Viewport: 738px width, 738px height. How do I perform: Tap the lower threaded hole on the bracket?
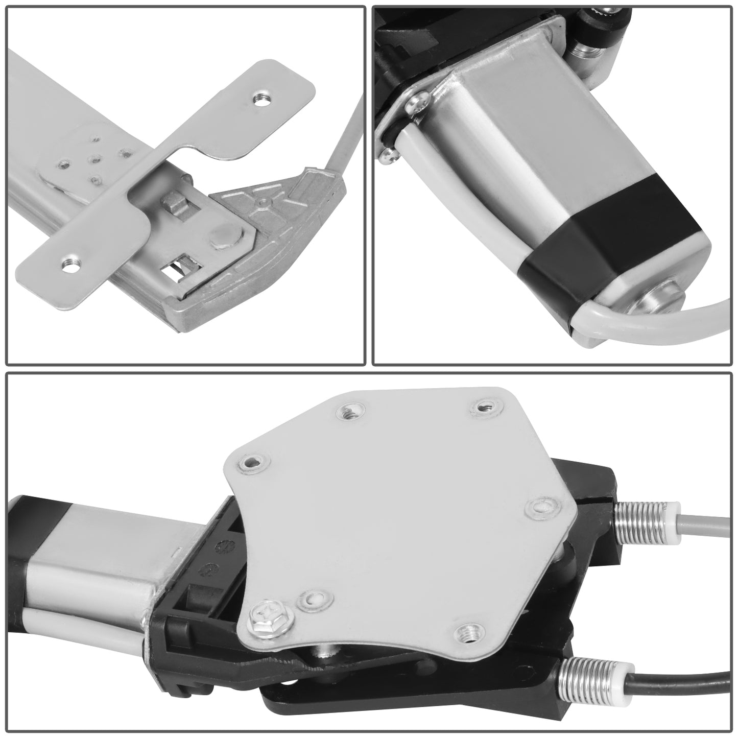pyautogui.click(x=70, y=264)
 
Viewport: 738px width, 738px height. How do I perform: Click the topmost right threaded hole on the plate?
pyautogui.click(x=483, y=408)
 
